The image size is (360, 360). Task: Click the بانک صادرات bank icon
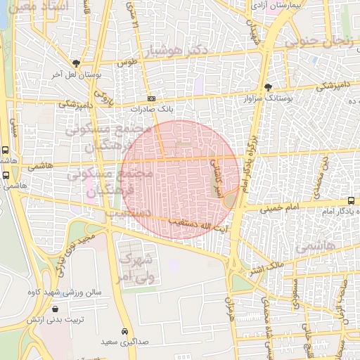[151, 99]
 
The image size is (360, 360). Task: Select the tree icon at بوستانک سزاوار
[268, 87]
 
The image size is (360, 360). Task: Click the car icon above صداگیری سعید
[124, 331]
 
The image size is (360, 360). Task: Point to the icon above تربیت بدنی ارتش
[56, 309]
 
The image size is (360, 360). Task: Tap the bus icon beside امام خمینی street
[351, 201]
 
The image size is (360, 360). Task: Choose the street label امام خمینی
[280, 208]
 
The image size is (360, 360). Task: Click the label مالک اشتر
[266, 268]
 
